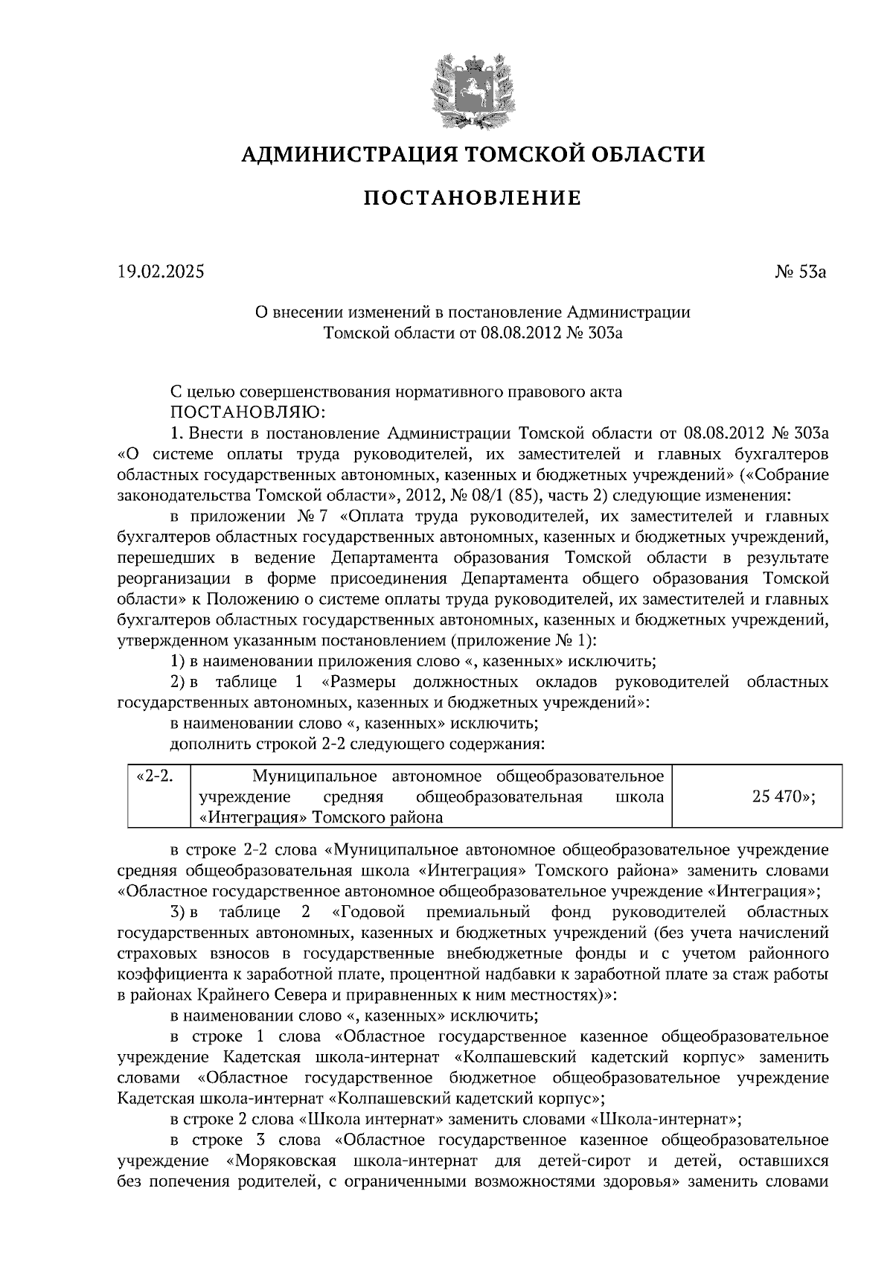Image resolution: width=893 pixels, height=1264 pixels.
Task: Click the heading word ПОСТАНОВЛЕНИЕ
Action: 473,199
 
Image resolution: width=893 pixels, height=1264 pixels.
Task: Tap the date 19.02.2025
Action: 160,272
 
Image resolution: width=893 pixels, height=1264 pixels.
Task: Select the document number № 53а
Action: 800,272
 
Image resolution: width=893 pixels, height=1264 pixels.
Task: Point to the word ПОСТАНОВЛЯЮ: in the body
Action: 247,412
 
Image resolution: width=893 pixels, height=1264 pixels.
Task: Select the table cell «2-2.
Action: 156,777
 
